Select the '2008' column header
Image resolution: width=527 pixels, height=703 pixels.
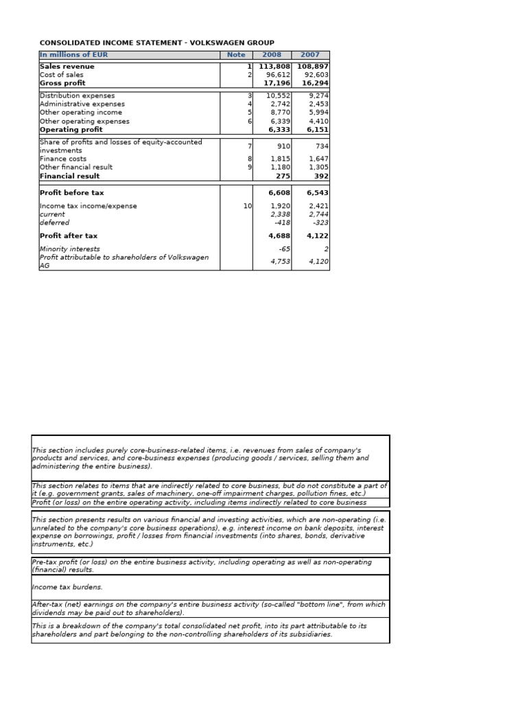pyautogui.click(x=272, y=55)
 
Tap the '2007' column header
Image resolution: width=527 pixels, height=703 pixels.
pyautogui.click(x=310, y=55)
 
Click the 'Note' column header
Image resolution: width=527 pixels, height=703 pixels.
pyautogui.click(x=236, y=55)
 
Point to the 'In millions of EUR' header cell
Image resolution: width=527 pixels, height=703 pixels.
pyautogui.click(x=74, y=55)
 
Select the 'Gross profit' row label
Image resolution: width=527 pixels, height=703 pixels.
pyautogui.click(x=62, y=83)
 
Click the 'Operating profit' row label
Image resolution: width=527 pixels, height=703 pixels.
pyautogui.click(x=71, y=129)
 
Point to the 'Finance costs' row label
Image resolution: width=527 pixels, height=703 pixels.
pyautogui.click(x=63, y=159)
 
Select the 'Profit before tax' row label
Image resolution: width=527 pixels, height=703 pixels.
pyautogui.click(x=72, y=193)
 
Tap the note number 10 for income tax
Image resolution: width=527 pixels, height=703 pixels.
pyautogui.click(x=248, y=206)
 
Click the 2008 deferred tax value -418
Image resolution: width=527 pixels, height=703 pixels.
pyautogui.click(x=281, y=222)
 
